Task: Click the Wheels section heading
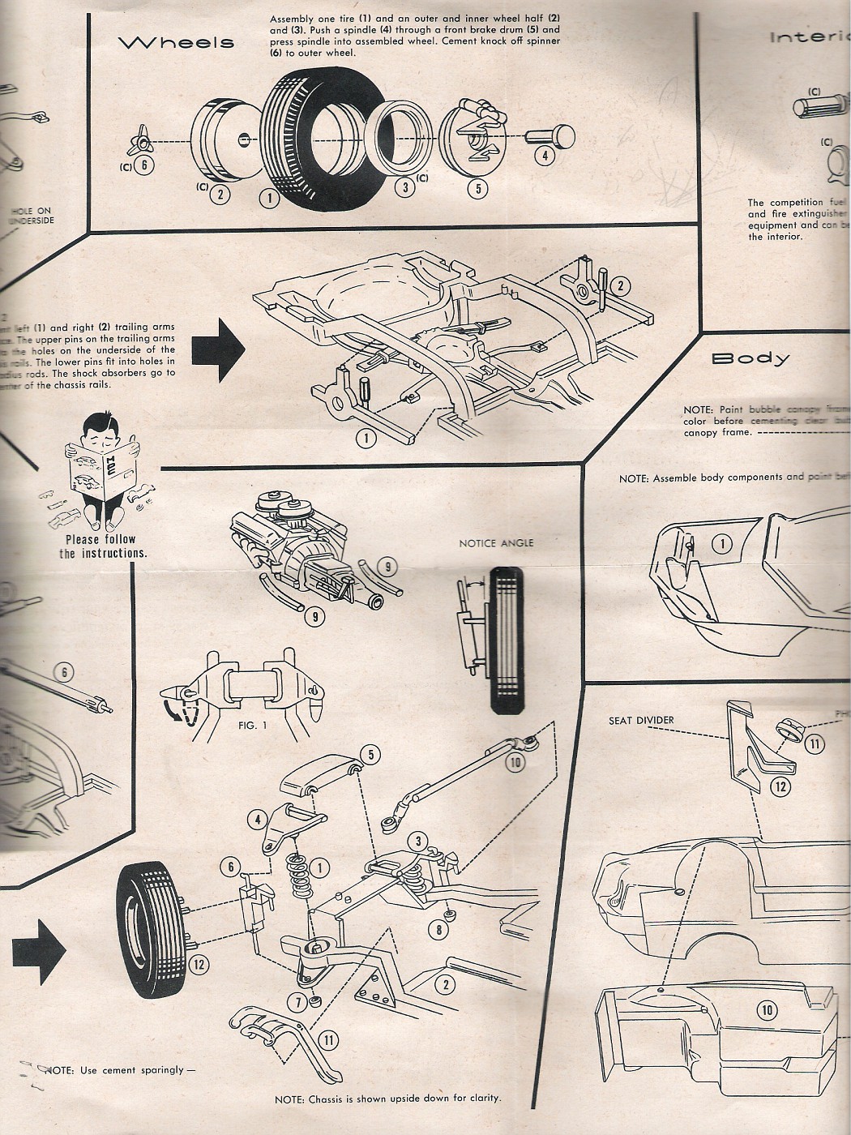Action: coord(176,43)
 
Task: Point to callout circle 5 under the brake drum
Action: coord(478,189)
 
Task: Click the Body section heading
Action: coord(750,358)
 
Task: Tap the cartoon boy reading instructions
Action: coord(100,470)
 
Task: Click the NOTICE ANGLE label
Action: coord(496,542)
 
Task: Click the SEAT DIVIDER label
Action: coord(641,720)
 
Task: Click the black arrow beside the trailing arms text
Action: coord(218,349)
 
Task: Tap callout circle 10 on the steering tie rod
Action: coord(515,761)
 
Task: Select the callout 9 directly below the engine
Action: coord(314,617)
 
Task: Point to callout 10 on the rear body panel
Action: coord(767,1009)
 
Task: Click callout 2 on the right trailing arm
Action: coord(621,285)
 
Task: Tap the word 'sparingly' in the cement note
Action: coord(161,1070)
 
